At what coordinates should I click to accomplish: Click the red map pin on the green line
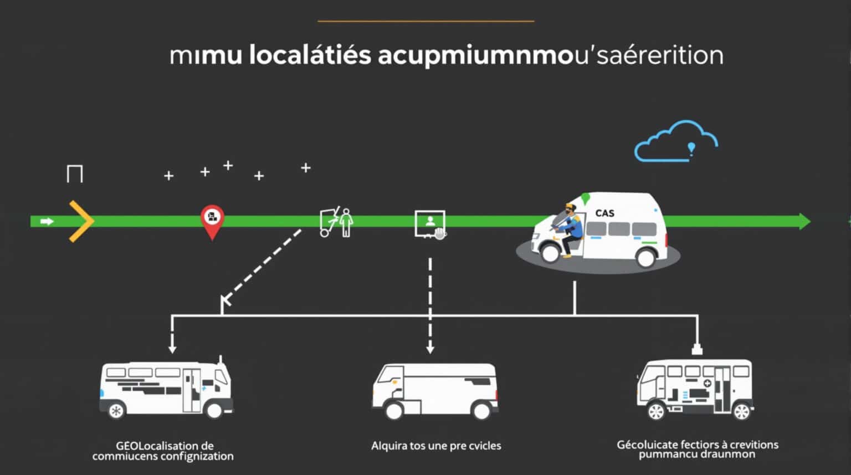click(212, 219)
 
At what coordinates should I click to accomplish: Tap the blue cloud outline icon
click(676, 142)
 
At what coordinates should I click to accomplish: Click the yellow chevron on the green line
click(81, 222)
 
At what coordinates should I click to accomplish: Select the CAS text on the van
click(604, 213)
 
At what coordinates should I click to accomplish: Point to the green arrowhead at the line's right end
click(804, 222)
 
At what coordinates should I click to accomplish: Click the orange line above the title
click(425, 21)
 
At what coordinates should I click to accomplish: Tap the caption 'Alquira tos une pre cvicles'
click(436, 446)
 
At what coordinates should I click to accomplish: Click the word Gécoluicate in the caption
click(642, 445)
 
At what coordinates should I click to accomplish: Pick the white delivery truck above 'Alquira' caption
click(435, 391)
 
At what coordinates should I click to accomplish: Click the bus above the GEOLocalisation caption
click(166, 388)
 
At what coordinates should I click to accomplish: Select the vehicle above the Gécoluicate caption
click(695, 388)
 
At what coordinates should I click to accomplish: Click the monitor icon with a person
click(430, 224)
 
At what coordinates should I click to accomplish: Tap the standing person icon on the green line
click(346, 222)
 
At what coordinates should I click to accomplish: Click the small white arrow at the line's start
click(47, 222)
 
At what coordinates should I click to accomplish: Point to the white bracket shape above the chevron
click(75, 173)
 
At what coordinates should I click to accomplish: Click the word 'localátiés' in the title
click(310, 55)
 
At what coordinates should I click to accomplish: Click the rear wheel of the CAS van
click(646, 257)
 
